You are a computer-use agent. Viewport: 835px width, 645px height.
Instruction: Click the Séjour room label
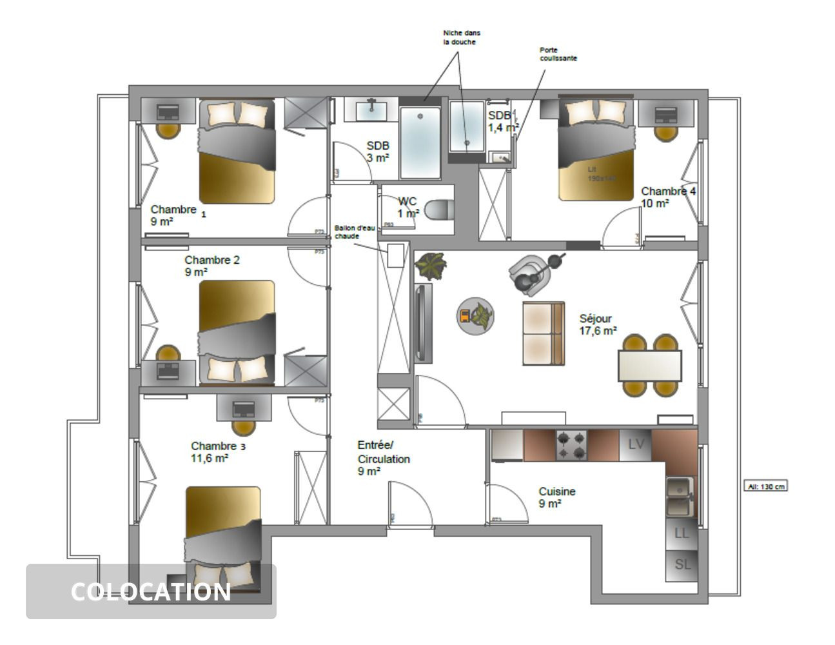(595, 319)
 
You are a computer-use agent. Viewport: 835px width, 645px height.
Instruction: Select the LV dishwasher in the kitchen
(636, 444)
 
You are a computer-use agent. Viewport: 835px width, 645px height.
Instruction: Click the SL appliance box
(682, 564)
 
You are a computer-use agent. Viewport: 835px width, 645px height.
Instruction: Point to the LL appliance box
(682, 533)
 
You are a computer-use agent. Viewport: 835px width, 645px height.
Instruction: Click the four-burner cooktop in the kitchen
(571, 444)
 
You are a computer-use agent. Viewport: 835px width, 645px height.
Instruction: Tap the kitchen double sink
(680, 497)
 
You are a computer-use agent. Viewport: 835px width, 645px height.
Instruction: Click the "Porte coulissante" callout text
(558, 54)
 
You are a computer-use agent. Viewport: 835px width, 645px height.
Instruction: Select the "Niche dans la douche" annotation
(461, 37)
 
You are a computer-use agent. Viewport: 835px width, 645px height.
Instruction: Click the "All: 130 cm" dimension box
(765, 486)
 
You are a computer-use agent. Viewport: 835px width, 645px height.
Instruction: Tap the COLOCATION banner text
(151, 592)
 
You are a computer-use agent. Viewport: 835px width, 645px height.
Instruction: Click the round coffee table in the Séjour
(476, 316)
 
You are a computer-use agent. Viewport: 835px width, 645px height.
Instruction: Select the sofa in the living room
(544, 333)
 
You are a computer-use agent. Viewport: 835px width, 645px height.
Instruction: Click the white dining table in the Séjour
(649, 366)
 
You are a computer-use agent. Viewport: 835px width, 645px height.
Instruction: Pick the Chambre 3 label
(218, 446)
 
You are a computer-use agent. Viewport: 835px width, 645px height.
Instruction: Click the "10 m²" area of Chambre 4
(654, 204)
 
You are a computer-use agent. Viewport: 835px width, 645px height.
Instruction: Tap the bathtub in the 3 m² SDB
(420, 143)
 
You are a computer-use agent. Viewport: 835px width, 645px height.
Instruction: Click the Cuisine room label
(557, 491)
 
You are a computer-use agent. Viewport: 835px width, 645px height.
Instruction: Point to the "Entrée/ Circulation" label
(383, 452)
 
